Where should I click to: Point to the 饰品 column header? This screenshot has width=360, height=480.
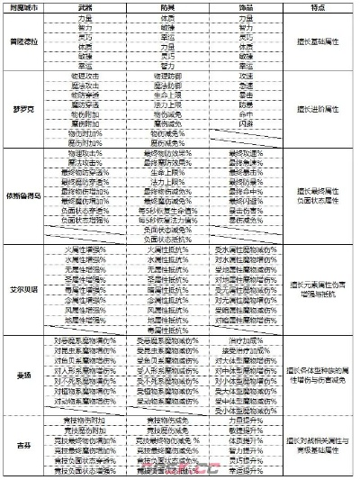coord(245,8)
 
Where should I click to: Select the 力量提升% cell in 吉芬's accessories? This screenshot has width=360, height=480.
coord(245,420)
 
